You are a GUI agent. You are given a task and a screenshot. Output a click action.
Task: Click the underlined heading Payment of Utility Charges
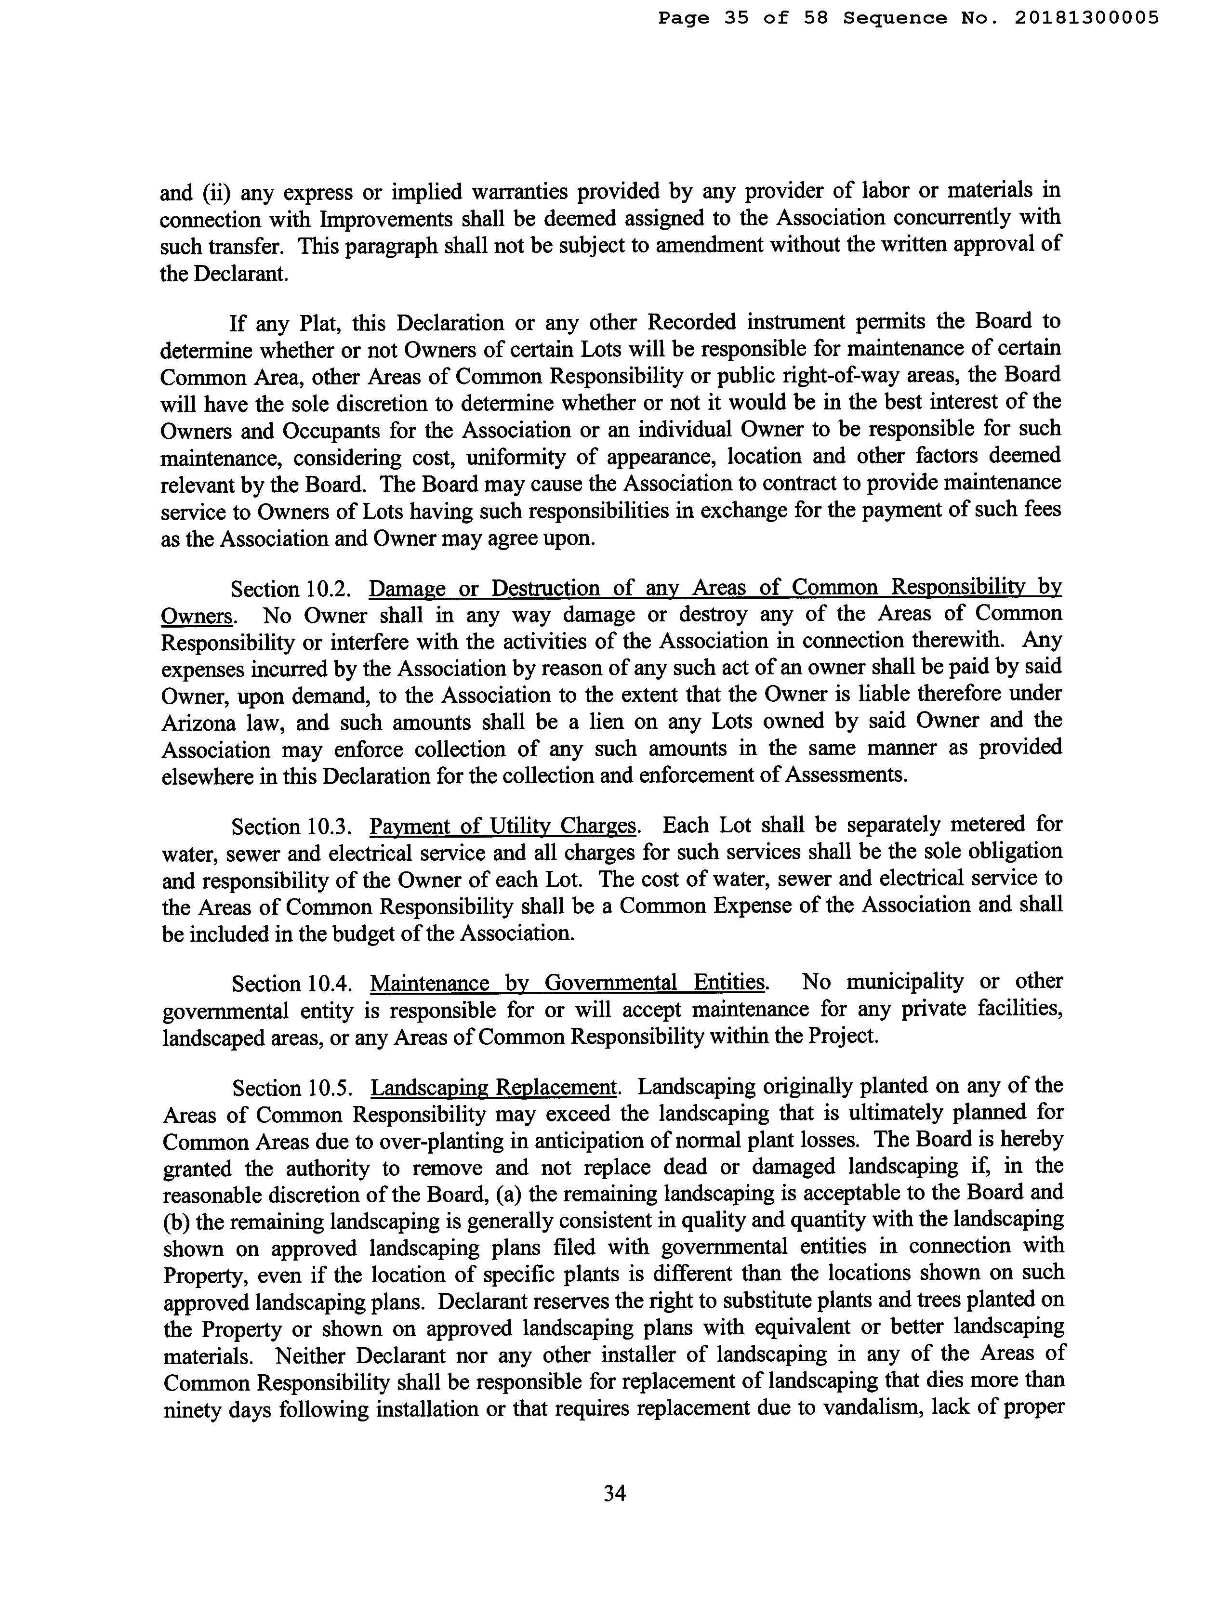tap(504, 827)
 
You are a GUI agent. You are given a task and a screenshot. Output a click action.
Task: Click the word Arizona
tap(199, 723)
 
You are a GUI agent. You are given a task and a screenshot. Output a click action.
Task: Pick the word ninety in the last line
tap(190, 1410)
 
